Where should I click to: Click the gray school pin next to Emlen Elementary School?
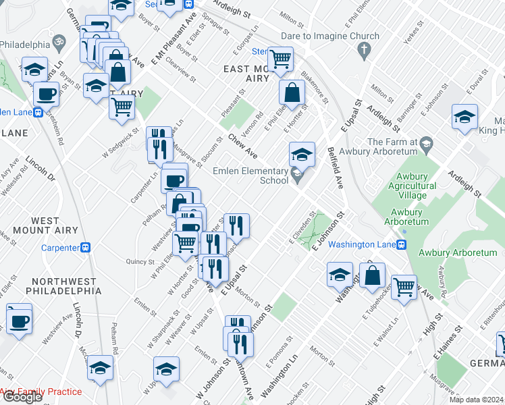pyautogui.click(x=297, y=176)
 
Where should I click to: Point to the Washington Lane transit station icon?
pyautogui.click(x=401, y=245)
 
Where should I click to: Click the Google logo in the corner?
pyautogui.click(x=22, y=397)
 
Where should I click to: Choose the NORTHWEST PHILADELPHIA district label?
pyautogui.click(x=61, y=286)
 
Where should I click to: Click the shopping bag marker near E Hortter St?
pyautogui.click(x=293, y=92)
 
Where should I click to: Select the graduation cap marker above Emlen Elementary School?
pyautogui.click(x=302, y=153)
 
